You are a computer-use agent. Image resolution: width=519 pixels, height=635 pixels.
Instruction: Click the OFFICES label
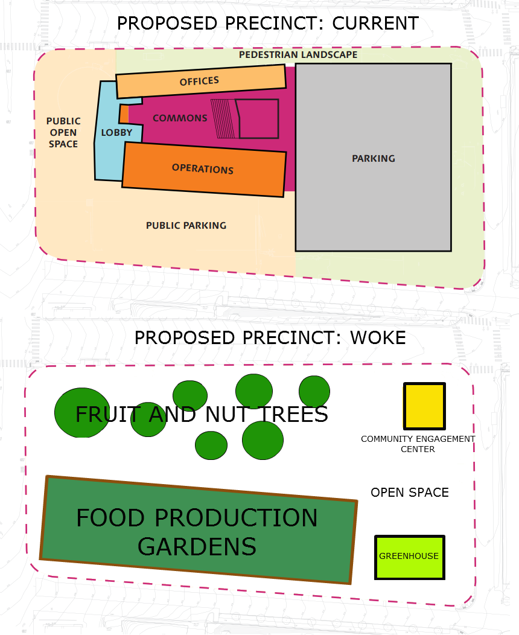pos(199,81)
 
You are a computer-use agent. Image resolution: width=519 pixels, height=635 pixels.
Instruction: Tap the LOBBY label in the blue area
pos(116,132)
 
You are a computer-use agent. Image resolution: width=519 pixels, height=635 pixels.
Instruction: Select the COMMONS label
pos(180,118)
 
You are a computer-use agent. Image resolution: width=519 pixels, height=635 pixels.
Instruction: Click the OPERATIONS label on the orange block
pos(203,168)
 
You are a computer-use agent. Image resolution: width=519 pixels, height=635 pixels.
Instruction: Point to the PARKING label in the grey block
pos(374,158)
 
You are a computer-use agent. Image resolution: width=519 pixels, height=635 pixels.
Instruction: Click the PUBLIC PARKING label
pos(186,225)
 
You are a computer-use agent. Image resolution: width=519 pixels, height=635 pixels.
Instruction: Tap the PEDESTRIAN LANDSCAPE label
pos(298,54)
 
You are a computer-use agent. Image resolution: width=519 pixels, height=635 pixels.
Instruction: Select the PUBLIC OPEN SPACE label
pos(63,132)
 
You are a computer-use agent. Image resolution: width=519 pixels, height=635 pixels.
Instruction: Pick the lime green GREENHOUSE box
pos(409,557)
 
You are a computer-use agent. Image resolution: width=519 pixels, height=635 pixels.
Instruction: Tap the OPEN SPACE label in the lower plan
pos(410,493)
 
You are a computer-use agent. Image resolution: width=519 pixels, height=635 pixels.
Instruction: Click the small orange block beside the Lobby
pos(124,113)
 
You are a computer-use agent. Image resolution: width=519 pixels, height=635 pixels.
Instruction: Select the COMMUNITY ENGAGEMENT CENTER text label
pos(418,444)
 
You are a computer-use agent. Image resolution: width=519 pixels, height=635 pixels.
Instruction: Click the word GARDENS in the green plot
pos(197,546)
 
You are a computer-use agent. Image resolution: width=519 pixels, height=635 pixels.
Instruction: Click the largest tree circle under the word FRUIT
pos(82,413)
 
